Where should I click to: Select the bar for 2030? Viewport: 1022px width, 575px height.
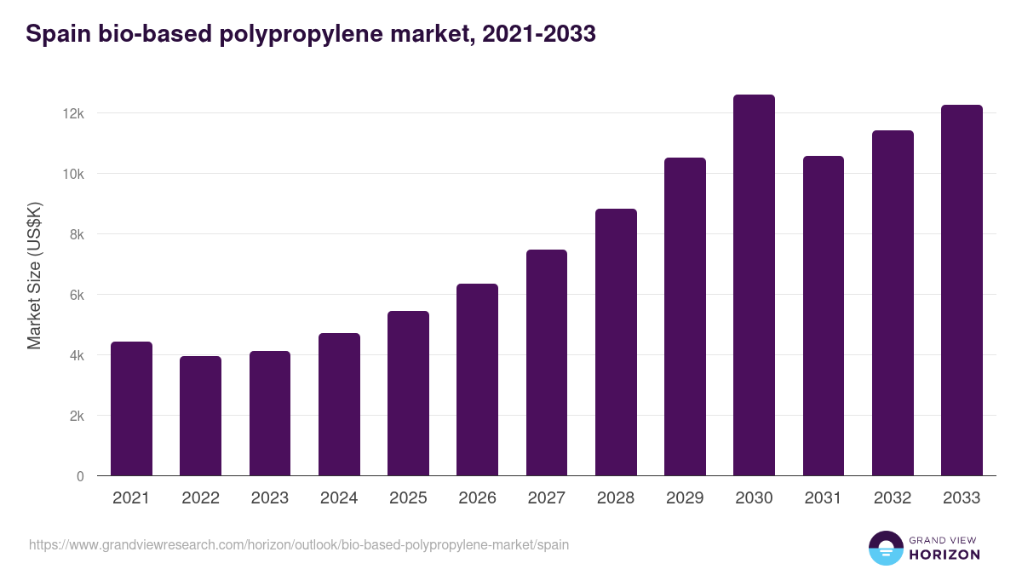point(754,285)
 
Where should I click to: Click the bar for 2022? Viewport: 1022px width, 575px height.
point(200,416)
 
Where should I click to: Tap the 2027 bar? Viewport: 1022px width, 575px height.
point(547,363)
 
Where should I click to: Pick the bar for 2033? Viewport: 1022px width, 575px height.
point(962,290)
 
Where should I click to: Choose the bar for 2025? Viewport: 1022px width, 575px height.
point(408,394)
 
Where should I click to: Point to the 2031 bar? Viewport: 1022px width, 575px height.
point(824,316)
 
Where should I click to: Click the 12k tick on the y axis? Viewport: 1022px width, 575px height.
point(74,113)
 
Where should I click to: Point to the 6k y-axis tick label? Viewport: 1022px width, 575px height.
point(76,295)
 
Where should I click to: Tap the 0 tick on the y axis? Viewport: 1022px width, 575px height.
point(80,476)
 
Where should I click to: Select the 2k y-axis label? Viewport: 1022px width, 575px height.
point(76,416)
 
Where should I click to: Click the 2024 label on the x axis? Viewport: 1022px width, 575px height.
point(339,498)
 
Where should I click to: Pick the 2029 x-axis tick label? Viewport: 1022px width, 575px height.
point(685,498)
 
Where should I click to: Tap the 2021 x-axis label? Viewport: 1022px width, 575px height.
point(131,498)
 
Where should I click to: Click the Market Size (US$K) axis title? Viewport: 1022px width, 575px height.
point(34,276)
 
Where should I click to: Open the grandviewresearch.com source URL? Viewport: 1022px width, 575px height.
point(299,544)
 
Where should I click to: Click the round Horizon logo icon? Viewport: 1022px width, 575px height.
point(886,548)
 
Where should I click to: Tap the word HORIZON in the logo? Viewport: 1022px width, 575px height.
point(944,555)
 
